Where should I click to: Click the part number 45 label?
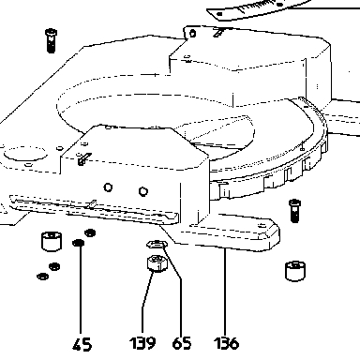82,344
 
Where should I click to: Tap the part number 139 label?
142,343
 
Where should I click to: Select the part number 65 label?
182,343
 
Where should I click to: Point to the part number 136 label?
227,343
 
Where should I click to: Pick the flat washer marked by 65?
157,244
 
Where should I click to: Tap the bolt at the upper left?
51,40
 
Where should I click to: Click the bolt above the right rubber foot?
294,211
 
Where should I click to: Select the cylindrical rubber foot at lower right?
295,271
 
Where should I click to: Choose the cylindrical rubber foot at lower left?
52,241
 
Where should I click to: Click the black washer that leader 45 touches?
78,243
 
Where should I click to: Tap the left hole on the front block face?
108,187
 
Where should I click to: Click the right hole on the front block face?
142,191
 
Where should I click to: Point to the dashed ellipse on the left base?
26,154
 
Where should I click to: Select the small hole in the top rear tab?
193,33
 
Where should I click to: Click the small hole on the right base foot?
262,225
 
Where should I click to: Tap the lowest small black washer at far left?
42,277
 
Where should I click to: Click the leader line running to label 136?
224,292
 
